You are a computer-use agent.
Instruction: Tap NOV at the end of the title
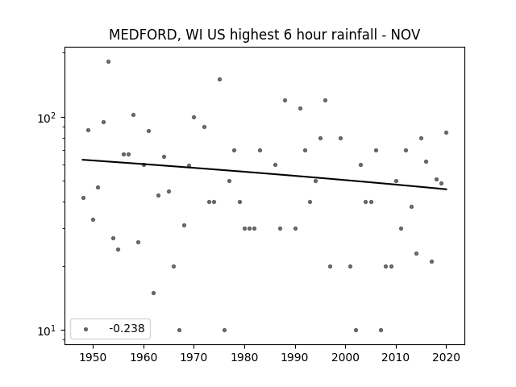(x=406, y=35)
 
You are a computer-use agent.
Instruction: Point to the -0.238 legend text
(x=127, y=328)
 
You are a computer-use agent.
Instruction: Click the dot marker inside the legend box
(x=86, y=329)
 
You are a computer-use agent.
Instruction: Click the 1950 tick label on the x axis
(x=94, y=357)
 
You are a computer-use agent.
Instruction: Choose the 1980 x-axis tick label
(x=244, y=357)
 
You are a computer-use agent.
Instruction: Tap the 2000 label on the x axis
(x=346, y=357)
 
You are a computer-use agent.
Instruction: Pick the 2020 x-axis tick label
(x=446, y=357)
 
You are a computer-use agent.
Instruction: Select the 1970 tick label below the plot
(x=193, y=357)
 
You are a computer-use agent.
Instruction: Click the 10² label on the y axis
(x=47, y=118)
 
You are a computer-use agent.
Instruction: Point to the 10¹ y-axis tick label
(x=47, y=331)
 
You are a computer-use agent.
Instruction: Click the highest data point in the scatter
(x=108, y=62)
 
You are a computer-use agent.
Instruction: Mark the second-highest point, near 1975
(x=219, y=79)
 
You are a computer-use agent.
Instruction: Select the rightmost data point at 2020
(x=446, y=132)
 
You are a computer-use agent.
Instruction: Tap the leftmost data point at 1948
(x=83, y=198)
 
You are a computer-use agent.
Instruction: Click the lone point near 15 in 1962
(x=153, y=293)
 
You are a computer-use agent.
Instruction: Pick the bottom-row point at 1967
(x=179, y=330)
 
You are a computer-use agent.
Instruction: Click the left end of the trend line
(x=82, y=160)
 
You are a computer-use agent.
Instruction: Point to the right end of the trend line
(x=447, y=189)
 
